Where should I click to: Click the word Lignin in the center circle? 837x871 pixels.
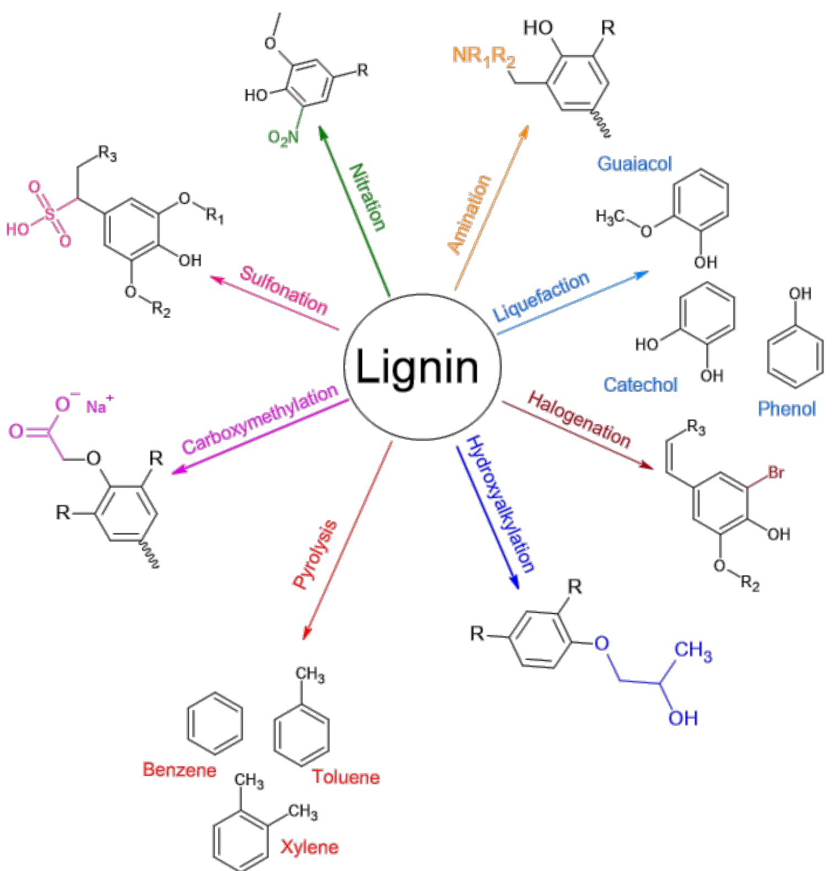(417, 367)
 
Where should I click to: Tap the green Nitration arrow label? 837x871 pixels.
(367, 196)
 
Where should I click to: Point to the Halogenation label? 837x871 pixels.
(579, 419)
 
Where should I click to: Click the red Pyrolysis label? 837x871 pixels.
(314, 555)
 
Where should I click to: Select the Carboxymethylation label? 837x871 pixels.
(259, 419)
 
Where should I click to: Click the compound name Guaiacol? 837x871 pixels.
(635, 163)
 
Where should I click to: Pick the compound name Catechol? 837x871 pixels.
(640, 384)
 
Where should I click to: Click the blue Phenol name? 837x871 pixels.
(786, 408)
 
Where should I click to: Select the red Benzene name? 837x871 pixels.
(179, 769)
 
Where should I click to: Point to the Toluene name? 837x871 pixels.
(346, 777)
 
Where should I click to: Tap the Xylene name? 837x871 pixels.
(309, 847)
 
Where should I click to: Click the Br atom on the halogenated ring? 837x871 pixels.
(775, 473)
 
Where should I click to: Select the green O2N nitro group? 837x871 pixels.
(283, 137)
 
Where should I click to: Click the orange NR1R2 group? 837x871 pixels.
(484, 56)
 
